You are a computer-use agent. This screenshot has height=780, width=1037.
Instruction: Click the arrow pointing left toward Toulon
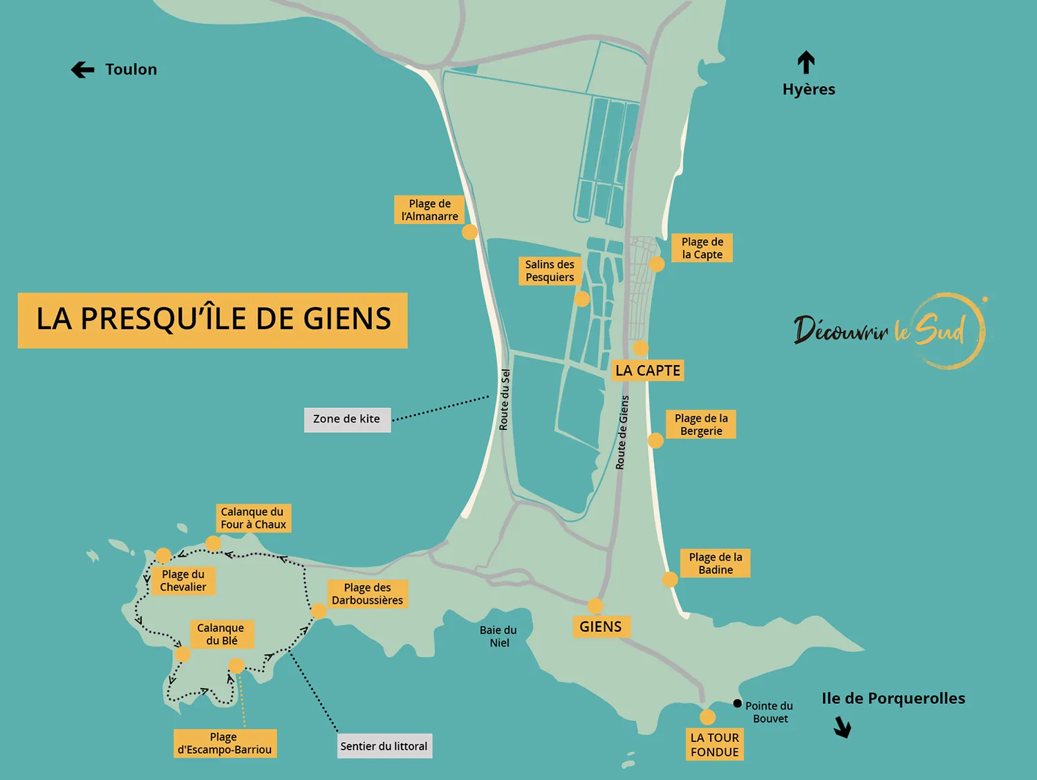(82, 70)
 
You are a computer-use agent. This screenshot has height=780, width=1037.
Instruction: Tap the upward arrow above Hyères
(806, 63)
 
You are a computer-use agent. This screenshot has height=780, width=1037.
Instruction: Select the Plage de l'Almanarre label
(429, 210)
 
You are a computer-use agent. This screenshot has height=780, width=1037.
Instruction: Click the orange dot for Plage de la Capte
(657, 264)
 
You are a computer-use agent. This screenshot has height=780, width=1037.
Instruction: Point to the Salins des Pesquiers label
(550, 271)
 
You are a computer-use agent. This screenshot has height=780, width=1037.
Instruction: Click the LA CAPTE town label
(648, 371)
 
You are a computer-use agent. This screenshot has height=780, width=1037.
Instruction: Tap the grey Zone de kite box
(347, 419)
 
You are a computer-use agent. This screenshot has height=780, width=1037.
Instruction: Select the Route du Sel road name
(505, 400)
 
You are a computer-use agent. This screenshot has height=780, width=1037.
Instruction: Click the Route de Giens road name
(622, 433)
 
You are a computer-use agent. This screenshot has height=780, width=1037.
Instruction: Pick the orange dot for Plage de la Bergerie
(655, 440)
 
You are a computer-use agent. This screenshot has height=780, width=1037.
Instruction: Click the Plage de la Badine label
(716, 564)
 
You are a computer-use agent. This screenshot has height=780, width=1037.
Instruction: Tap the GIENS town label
(600, 627)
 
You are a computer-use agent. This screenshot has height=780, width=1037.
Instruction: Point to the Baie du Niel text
(498, 636)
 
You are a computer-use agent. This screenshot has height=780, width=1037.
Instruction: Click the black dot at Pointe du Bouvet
(738, 704)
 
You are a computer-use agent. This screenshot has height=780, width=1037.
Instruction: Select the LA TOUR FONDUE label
(714, 745)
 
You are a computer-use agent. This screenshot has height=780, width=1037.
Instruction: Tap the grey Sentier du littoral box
(384, 746)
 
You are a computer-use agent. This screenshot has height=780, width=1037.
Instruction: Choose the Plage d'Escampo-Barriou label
(225, 743)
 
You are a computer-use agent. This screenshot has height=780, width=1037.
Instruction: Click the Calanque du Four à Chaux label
(253, 518)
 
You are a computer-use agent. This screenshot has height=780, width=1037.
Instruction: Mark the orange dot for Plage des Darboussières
(319, 611)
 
